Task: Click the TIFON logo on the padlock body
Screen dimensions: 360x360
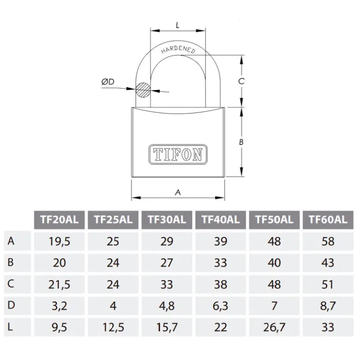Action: pos(178,154)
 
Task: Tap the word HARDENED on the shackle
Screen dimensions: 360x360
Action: pos(178,50)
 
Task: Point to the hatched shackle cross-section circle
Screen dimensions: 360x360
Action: pos(143,90)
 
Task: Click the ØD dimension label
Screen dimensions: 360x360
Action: pos(108,82)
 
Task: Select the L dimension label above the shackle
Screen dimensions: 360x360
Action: pos(178,25)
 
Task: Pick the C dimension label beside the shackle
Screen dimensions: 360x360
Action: pos(241,81)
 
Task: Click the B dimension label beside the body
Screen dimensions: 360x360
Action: pos(241,142)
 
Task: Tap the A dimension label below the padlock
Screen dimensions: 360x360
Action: pos(178,192)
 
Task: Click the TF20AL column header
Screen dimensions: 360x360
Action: pos(60,220)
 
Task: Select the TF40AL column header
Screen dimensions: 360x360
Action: pos(221,220)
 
